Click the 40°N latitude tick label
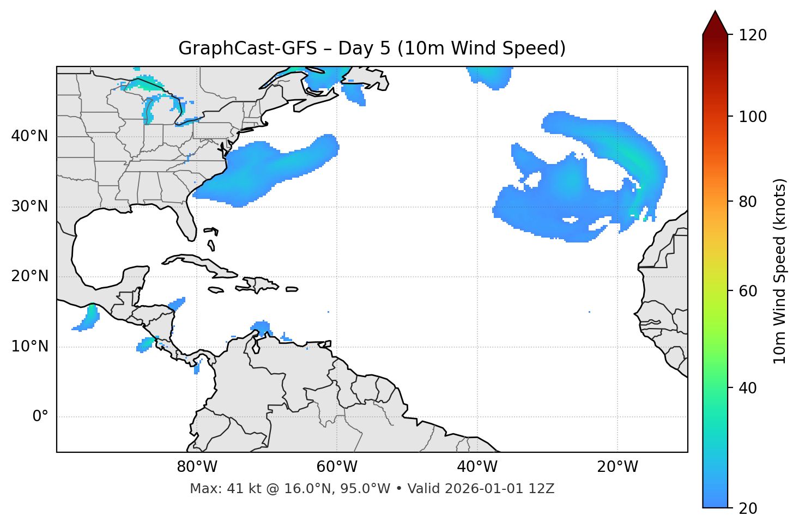[x=29, y=136]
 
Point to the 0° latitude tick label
[x=40, y=417]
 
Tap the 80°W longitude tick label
[x=197, y=467]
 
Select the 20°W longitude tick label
[x=618, y=467]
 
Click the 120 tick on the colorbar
[x=753, y=35]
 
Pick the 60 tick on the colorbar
[x=749, y=291]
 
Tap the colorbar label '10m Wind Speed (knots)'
[x=780, y=271]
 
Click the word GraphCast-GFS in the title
[x=247, y=48]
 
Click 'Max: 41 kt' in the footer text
[x=217, y=489]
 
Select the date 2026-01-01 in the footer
[x=485, y=489]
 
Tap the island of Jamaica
[x=215, y=290]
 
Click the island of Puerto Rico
[x=292, y=289]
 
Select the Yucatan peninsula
[x=134, y=278]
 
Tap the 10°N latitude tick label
[x=29, y=347]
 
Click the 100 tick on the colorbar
[x=753, y=117]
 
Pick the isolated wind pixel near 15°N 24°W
[x=590, y=312]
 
